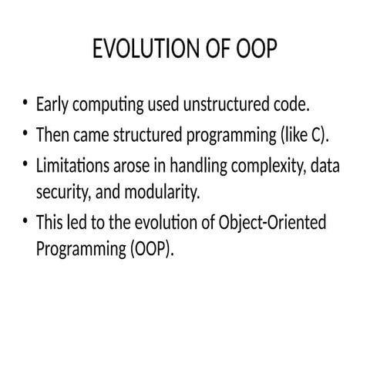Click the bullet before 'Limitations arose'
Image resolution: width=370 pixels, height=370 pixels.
[26, 165]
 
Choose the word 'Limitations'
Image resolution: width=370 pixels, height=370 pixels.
[76, 166]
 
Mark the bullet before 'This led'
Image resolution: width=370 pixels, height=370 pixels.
[26, 222]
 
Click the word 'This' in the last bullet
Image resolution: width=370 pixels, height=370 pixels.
[51, 223]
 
